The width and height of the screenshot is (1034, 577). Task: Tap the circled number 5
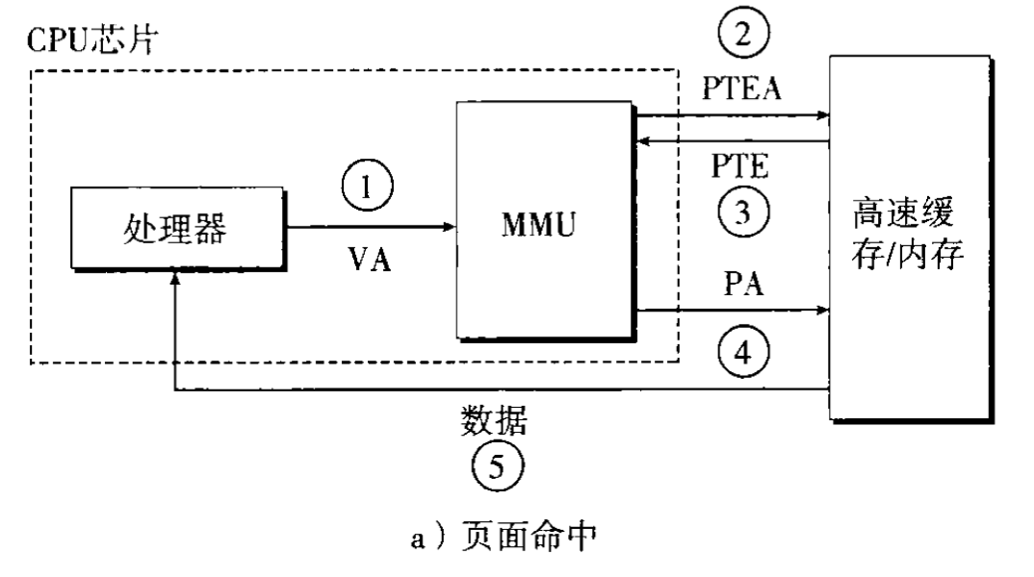coord(492,467)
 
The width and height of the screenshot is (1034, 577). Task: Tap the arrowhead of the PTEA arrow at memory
coord(822,116)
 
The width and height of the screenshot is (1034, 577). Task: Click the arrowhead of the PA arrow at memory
coord(822,311)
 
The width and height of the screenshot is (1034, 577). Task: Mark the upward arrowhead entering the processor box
coord(174,279)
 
